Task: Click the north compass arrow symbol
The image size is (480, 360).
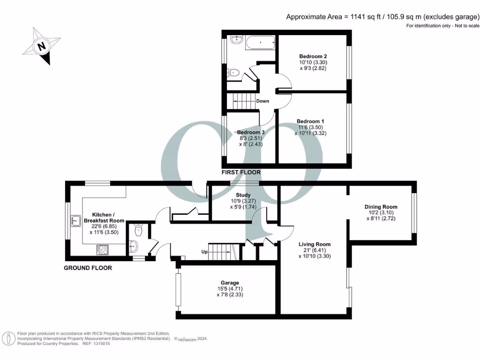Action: pos(41,46)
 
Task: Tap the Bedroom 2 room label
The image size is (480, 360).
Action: pos(313,56)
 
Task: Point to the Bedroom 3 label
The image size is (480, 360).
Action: pos(250,133)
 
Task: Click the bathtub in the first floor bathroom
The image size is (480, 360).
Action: pos(260,44)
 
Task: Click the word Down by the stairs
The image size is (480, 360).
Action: pos(262,101)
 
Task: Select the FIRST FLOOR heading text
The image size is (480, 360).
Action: pos(241,172)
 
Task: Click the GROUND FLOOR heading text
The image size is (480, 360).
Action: pos(88,268)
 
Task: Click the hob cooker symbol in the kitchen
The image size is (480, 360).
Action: pos(102,249)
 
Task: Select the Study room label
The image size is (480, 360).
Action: pos(243,195)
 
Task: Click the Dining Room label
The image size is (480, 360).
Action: pos(381,207)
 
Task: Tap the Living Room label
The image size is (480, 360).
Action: pos(315,244)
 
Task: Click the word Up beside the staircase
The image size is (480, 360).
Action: pos(204,252)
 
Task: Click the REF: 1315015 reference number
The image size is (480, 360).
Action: pos(96,344)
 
